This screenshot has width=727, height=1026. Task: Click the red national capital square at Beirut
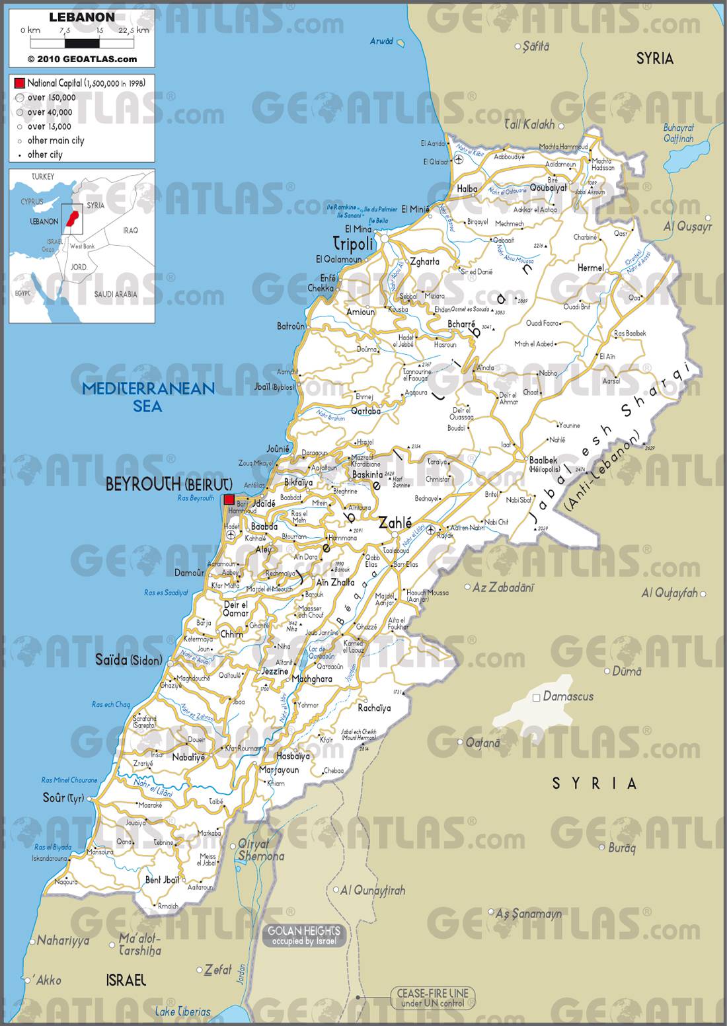click(229, 499)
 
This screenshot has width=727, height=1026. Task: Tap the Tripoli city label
click(353, 243)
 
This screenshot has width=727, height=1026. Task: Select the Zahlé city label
click(395, 523)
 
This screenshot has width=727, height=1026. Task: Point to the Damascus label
click(568, 696)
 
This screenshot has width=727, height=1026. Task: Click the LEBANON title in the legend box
click(81, 17)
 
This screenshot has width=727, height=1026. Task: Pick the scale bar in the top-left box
click(81, 44)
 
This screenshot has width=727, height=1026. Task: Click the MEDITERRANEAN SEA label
click(148, 396)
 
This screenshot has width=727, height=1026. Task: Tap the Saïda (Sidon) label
click(128, 659)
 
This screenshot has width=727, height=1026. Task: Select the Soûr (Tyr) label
click(63, 798)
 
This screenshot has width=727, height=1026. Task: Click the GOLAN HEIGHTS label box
click(305, 935)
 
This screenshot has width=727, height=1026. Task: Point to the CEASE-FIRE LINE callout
click(432, 998)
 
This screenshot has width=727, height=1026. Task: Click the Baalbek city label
click(543, 460)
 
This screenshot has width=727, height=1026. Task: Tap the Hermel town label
click(590, 268)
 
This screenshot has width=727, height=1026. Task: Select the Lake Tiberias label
click(183, 1011)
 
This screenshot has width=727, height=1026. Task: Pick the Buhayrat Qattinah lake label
click(679, 133)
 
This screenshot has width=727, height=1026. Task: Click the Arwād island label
click(381, 41)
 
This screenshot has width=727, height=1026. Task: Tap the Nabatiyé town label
click(188, 757)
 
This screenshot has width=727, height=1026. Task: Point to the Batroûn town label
click(291, 326)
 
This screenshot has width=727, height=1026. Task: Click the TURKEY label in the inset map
click(43, 177)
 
